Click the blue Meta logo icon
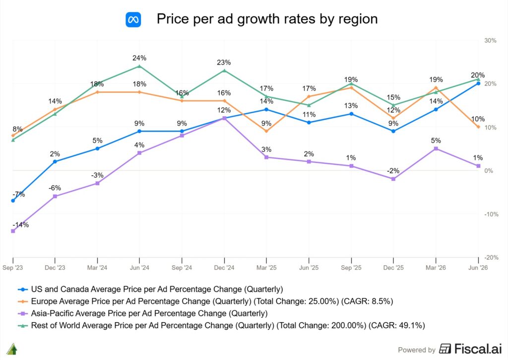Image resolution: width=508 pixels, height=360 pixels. pos(133,19)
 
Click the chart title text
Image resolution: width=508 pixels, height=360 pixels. pos(267,19)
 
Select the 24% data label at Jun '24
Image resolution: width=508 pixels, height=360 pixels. pos(139,58)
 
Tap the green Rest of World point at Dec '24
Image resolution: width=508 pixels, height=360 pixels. pos(224,71)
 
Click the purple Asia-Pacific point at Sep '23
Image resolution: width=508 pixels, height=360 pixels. pos(13,231)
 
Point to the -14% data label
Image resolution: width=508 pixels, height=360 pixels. pos(21,225)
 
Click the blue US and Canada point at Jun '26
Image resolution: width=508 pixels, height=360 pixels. pos(478,83)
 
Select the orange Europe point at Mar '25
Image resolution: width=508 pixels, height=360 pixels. pos(266,131)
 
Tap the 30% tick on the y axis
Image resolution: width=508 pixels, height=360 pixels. pos(490,41)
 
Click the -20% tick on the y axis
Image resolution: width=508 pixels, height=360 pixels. pos(491,258)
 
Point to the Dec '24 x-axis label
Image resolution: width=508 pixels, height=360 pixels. pos(224,268)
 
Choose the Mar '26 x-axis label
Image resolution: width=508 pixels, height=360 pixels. pos(436,268)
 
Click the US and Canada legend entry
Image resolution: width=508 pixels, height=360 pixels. pos(150,289)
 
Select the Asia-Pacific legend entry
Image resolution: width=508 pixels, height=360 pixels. pos(142,314)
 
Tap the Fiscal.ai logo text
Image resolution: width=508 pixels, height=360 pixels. pos(471,349)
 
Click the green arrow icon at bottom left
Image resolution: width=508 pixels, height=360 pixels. pos(12,349)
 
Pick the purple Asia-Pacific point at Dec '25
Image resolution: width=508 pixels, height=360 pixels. pos(393,179)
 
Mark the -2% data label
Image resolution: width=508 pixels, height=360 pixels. pos(393,171)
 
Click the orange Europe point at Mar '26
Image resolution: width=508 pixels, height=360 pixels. pos(436,87)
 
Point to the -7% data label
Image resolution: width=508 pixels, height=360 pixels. pos(19,194)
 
